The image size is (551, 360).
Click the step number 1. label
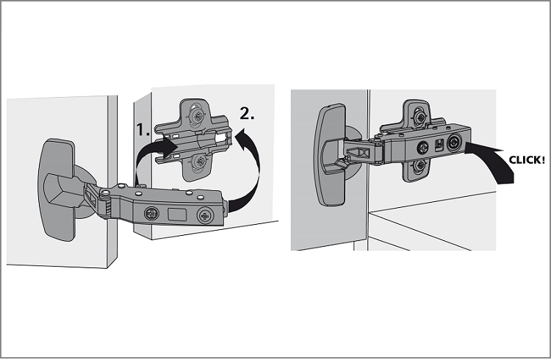point(143,130)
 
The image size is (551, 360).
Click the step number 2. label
point(247,113)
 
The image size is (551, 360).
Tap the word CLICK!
point(527,160)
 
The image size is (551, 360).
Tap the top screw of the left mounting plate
point(198,115)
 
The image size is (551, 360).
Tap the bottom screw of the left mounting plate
point(201,161)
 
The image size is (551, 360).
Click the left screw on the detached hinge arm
point(152,213)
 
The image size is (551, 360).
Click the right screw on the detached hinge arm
point(205,215)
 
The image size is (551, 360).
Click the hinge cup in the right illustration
point(331,155)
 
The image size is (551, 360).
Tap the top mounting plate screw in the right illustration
point(419,117)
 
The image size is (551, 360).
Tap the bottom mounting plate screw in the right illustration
point(419,165)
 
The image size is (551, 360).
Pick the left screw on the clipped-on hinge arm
point(422,148)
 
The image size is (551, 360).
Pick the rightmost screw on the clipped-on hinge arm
point(454,143)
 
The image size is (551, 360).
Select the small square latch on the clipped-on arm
point(439,145)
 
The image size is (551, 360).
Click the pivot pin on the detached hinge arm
point(105,192)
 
